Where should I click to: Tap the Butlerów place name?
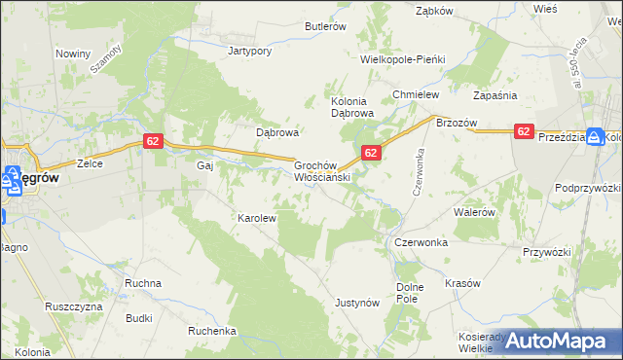point(326,27)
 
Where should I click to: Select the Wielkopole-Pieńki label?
point(402,59)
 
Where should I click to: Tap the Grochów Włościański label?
point(322,172)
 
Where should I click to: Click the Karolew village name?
point(258,218)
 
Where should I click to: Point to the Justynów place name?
point(356,303)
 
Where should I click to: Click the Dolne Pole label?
point(412,293)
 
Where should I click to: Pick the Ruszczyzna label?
point(74,305)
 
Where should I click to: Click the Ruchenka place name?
point(212,331)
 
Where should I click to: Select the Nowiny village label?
point(73,54)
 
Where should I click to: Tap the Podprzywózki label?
point(588,187)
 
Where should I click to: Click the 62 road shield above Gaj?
point(152,141)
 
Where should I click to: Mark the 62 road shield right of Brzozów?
point(524,131)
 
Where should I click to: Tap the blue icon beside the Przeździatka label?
point(596,138)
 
